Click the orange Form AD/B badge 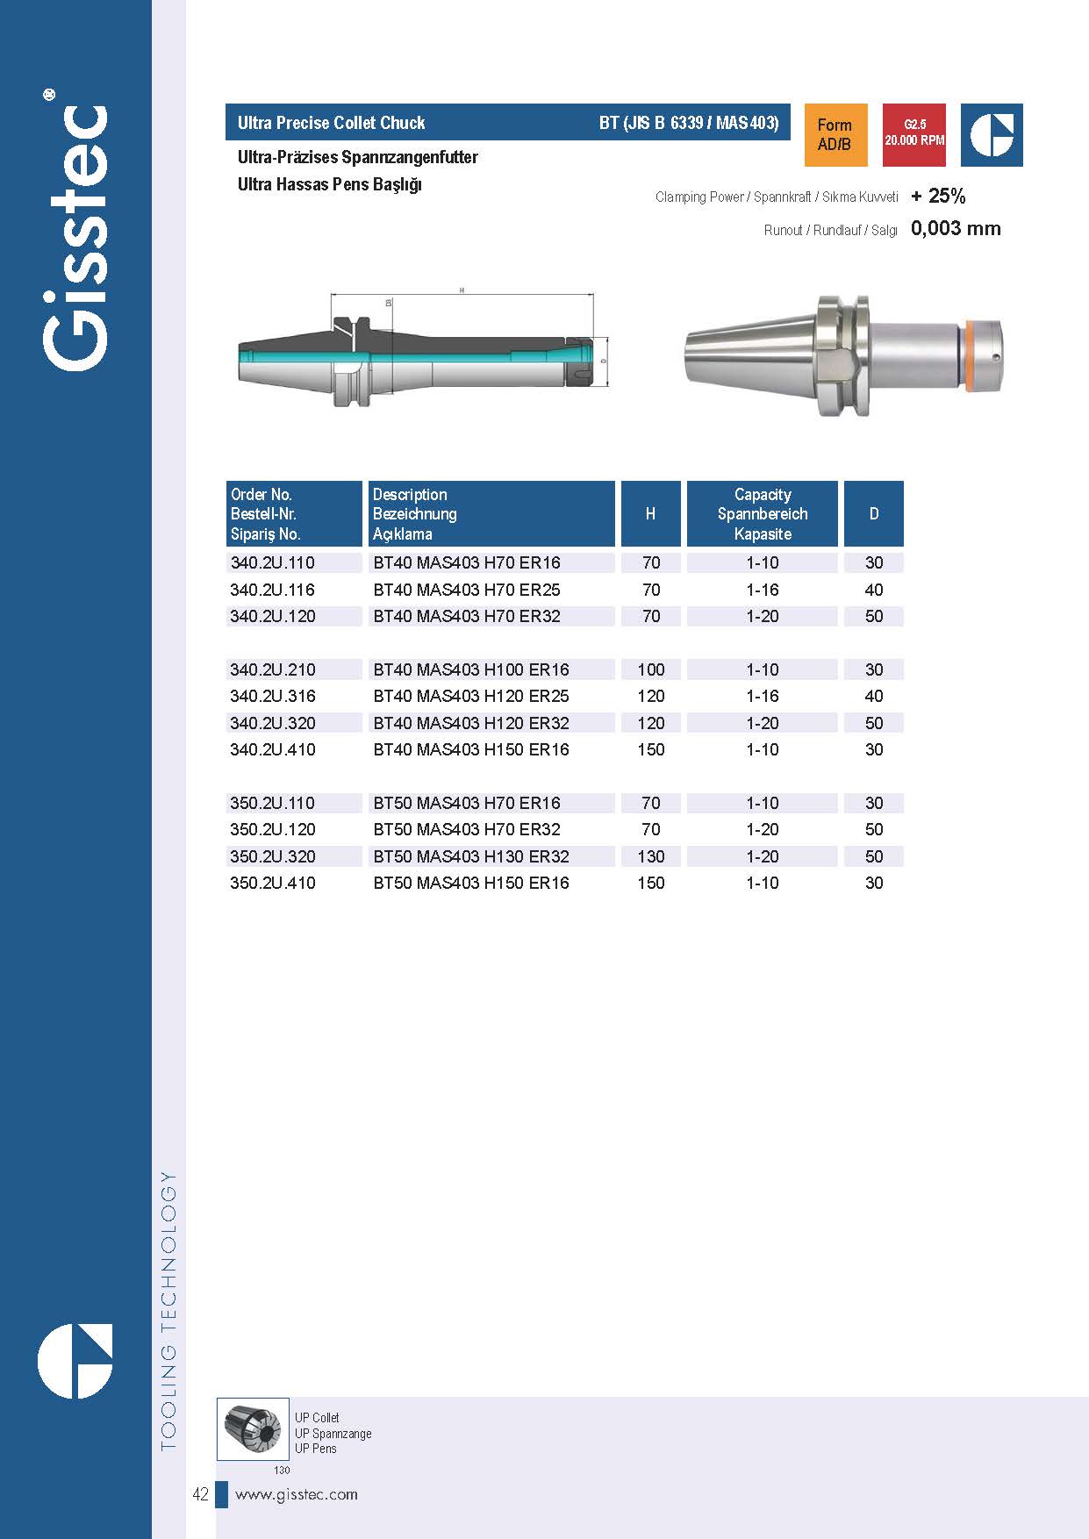click(835, 135)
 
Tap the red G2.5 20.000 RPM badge click(913, 135)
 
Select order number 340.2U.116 click(272, 590)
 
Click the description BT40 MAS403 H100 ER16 click(471, 669)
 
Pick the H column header click(650, 514)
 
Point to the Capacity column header click(762, 514)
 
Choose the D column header click(873, 514)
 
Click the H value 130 click(650, 856)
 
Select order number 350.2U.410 click(272, 883)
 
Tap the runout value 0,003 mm click(956, 229)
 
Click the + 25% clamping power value click(938, 196)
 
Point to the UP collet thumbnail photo click(253, 1429)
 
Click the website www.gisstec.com click(297, 1494)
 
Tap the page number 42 click(200, 1494)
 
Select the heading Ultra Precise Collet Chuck click(331, 123)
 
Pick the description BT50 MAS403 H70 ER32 click(466, 829)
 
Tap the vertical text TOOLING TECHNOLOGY click(168, 1311)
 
